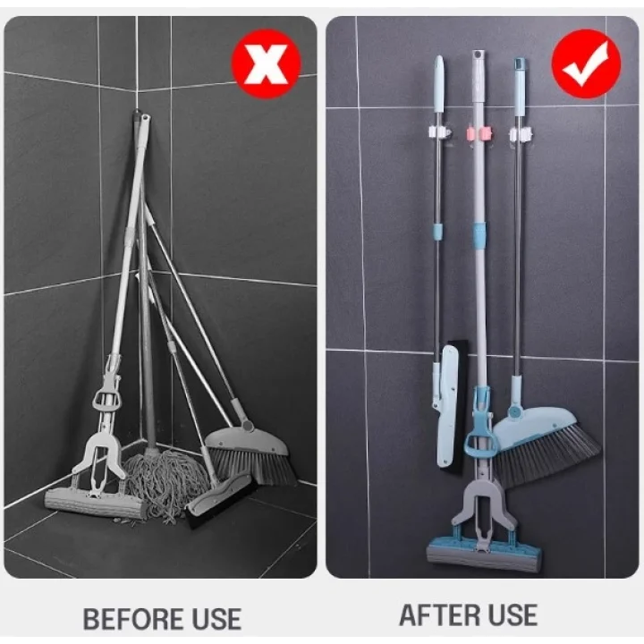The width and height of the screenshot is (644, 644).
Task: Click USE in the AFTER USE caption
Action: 507,615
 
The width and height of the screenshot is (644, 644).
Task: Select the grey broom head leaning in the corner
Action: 251,456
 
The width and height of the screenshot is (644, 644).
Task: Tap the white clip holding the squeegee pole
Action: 439,133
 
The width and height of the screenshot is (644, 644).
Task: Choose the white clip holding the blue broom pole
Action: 520,134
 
